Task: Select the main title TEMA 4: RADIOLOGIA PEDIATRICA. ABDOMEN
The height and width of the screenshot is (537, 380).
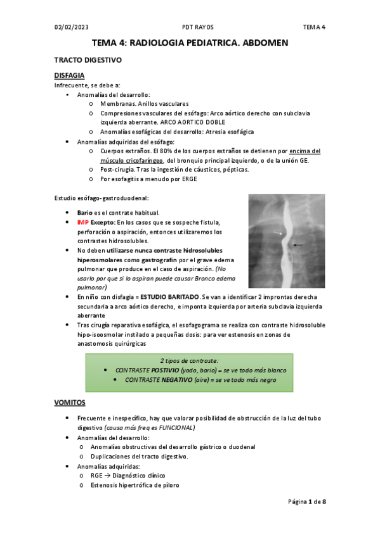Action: click(190, 43)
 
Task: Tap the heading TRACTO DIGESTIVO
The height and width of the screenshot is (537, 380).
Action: click(88, 61)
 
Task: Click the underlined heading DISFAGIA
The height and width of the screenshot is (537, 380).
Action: click(70, 75)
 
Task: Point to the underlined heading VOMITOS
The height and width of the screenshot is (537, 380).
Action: click(70, 402)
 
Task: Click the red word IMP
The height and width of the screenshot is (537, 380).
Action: click(83, 223)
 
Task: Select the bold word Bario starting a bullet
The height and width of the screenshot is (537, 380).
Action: click(86, 213)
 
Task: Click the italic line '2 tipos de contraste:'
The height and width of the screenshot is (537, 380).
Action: click(190, 359)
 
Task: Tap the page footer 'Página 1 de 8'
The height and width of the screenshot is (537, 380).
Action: click(307, 502)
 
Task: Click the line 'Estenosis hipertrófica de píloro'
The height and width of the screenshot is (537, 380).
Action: click(134, 485)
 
